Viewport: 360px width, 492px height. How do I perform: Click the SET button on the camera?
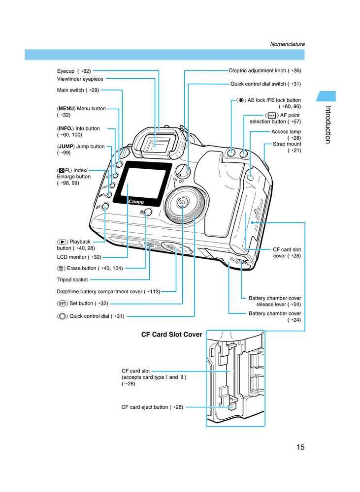[182, 203]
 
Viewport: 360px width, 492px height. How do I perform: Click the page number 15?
[300, 447]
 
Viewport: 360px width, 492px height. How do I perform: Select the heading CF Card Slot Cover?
[171, 335]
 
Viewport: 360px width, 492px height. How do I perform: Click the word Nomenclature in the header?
[287, 44]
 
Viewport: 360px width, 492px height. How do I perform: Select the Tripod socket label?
[72, 279]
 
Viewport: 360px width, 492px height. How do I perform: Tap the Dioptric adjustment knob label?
[265, 71]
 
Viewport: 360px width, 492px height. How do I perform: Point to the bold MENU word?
[67, 108]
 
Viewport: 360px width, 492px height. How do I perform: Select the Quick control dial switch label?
[265, 84]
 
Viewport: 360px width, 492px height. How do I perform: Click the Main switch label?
[78, 90]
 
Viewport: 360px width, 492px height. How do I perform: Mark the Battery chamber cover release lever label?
[275, 301]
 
